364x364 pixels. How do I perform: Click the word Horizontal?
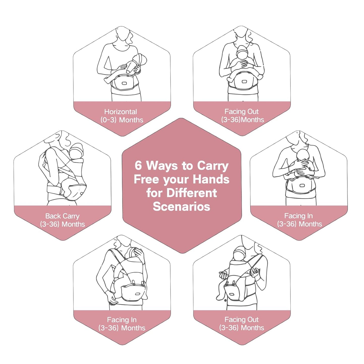point(121,112)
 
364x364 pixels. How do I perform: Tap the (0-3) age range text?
point(108,120)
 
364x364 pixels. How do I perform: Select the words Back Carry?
point(62,216)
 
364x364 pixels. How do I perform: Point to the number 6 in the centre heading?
point(138,166)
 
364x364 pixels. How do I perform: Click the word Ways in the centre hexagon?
point(162,166)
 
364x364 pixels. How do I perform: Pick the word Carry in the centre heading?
point(213,166)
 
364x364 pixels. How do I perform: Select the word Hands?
point(211,179)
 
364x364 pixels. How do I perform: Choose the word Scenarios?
point(181,207)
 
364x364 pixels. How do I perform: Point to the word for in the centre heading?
point(154,193)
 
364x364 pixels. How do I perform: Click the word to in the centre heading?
point(187,166)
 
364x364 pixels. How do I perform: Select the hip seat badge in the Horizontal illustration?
point(124,83)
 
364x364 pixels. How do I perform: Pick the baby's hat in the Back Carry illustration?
point(77,149)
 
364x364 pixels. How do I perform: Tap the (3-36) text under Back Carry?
point(50,224)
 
